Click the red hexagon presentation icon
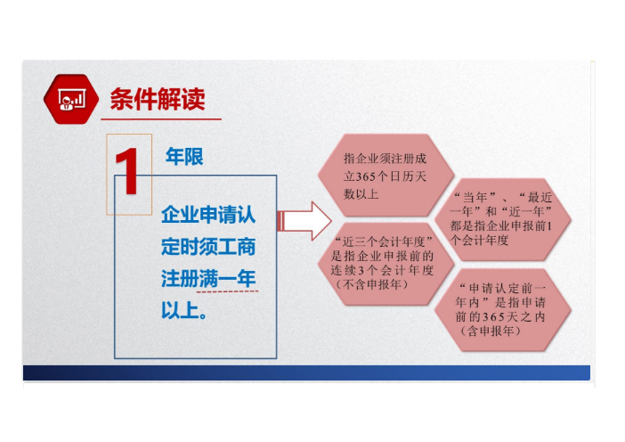click(x=71, y=99)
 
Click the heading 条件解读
click(x=158, y=99)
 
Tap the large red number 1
click(x=127, y=171)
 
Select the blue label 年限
click(x=184, y=156)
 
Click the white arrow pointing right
click(x=304, y=221)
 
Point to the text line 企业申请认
click(x=208, y=215)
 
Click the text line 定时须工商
click(x=208, y=247)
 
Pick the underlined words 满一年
click(x=227, y=278)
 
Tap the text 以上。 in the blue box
click(x=184, y=310)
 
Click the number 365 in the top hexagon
click(x=365, y=176)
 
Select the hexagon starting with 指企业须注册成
click(x=386, y=176)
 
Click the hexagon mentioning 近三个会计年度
click(x=386, y=264)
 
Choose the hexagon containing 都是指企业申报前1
click(x=502, y=220)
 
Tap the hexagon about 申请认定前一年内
click(x=502, y=310)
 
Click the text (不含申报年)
click(x=371, y=284)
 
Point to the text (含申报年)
click(x=491, y=331)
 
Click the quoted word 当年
click(x=475, y=197)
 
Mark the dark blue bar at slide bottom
click(x=306, y=372)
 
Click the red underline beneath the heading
click(x=161, y=119)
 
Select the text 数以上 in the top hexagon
click(x=361, y=194)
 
